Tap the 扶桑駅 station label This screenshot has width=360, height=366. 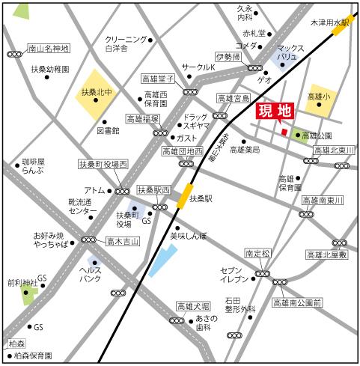click(x=201, y=199)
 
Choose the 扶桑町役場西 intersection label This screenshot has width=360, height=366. click(x=103, y=163)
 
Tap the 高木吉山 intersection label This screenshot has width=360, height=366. click(x=123, y=241)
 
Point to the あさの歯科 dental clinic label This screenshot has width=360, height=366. click(x=206, y=323)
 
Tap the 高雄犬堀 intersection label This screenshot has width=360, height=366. click(x=192, y=306)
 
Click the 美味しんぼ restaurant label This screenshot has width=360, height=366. click(x=187, y=235)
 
